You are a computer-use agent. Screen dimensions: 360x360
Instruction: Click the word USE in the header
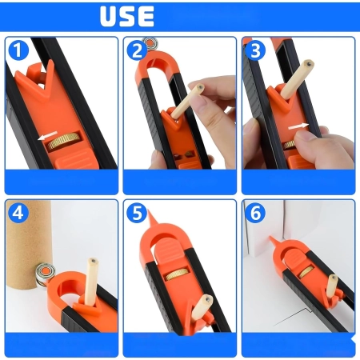127,16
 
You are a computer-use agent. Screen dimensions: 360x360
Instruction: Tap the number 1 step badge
18,50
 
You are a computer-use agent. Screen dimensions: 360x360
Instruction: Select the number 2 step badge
137,50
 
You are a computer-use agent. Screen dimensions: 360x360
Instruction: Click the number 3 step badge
255,50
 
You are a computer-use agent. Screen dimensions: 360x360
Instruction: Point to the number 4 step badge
18,213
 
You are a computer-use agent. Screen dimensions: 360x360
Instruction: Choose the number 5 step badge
137,213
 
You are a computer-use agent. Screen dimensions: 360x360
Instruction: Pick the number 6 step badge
255,213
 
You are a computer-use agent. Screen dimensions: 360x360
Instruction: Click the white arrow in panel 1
47,135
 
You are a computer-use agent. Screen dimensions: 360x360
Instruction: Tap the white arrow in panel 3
298,126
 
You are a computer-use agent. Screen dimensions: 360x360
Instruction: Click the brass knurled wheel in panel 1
64,141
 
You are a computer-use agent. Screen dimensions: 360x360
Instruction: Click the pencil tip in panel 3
309,63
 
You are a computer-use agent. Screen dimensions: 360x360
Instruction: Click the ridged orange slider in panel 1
76,159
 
